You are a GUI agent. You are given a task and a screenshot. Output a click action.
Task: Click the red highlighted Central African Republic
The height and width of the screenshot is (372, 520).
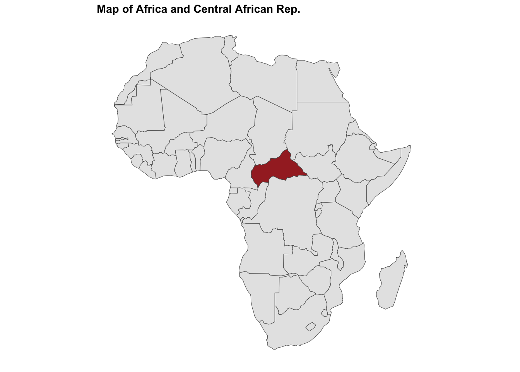coord(277,169)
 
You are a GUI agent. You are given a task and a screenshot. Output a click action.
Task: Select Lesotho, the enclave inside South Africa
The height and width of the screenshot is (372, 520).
coord(311,327)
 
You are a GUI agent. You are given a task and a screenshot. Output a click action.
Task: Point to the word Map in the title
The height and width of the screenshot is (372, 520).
coord(108,9)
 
